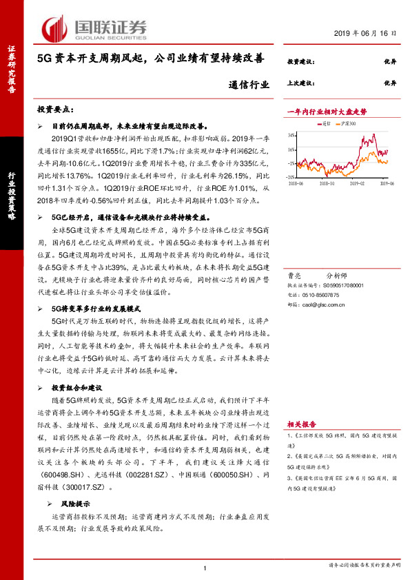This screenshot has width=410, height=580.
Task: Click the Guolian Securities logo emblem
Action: click(54, 29)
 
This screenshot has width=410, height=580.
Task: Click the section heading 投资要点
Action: click(54, 110)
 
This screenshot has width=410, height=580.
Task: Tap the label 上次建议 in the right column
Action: click(300, 81)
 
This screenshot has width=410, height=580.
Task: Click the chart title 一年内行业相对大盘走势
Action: click(327, 112)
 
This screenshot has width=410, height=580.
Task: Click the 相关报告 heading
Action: click(302, 424)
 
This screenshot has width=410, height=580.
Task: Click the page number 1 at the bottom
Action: click(205, 568)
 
